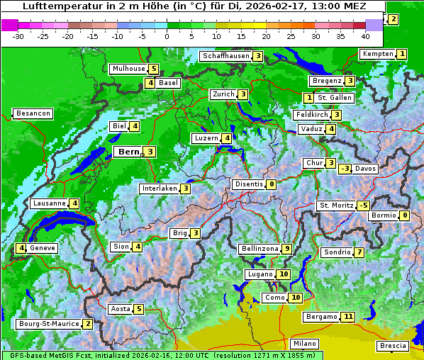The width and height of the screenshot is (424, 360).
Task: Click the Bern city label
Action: click(128, 152)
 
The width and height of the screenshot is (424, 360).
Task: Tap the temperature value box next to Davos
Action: click(345, 169)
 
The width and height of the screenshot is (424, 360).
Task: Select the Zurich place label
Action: click(223, 94)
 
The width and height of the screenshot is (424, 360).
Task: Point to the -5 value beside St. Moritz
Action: click(364, 206)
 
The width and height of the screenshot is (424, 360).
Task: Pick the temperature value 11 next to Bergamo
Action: click(347, 317)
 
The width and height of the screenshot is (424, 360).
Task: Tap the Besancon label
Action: click(33, 113)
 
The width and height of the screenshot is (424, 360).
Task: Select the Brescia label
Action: click(393, 346)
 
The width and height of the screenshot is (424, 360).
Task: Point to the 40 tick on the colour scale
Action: click(365, 35)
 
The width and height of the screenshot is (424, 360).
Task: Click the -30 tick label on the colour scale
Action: click(18, 35)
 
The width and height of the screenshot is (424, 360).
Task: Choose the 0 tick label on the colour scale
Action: click(167, 35)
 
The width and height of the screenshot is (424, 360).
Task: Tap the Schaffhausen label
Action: click(225, 56)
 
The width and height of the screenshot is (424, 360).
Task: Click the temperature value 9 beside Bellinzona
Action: click(286, 249)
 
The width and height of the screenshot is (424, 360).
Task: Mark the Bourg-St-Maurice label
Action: click(48, 324)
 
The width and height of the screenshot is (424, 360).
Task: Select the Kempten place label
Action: click(376, 54)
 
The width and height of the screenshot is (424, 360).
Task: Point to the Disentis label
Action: click(248, 184)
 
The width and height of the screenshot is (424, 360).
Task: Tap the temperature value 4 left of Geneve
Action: click(22, 248)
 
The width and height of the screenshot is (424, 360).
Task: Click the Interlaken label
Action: click(159, 189)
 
